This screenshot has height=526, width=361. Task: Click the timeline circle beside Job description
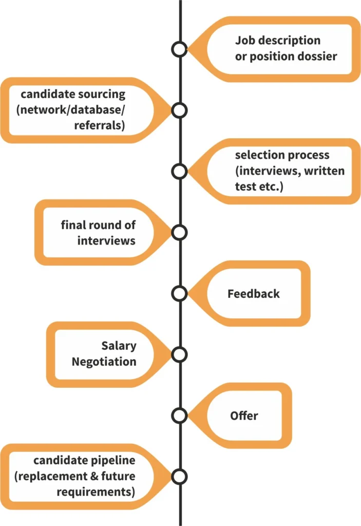(x=179, y=49)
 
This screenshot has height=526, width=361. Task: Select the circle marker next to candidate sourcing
(x=179, y=110)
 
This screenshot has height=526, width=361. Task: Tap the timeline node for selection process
(x=179, y=171)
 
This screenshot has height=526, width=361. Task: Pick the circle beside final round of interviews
(x=179, y=232)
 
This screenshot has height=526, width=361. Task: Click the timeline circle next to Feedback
(x=179, y=293)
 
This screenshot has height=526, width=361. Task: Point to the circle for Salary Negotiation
(x=179, y=354)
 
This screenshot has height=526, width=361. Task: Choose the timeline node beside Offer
(x=179, y=415)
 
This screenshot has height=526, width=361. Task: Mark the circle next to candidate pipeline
(x=179, y=476)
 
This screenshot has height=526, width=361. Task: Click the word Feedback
(x=254, y=294)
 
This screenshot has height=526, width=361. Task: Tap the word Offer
(x=244, y=416)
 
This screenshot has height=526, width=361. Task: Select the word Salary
(x=119, y=346)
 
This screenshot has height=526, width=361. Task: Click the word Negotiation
(x=104, y=362)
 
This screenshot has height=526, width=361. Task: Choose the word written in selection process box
(x=325, y=171)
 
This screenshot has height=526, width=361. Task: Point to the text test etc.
(x=259, y=187)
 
